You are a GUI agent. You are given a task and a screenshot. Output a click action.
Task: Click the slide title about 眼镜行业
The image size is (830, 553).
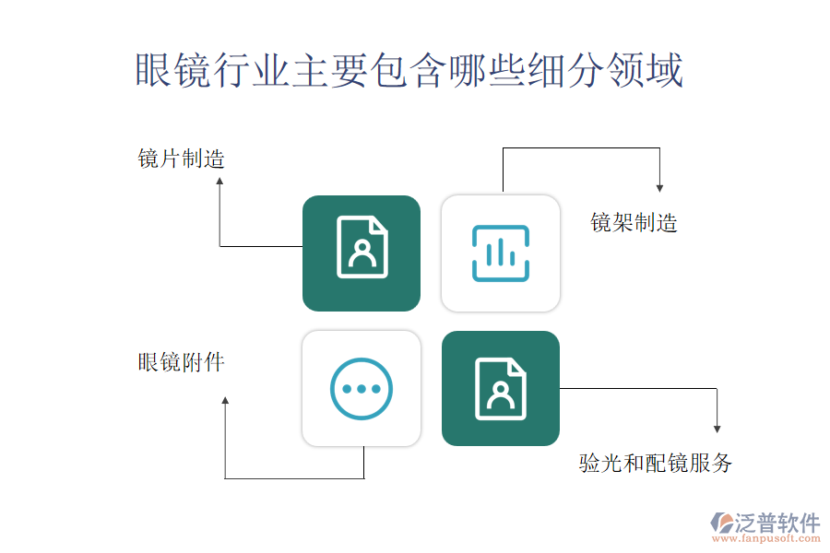409,71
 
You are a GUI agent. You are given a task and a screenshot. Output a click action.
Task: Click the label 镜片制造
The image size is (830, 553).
182,159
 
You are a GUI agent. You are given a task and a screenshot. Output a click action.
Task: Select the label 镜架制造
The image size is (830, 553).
634,222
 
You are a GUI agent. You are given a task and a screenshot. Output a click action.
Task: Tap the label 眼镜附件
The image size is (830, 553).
182,362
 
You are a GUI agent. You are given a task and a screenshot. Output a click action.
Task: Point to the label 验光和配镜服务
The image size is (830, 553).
656,463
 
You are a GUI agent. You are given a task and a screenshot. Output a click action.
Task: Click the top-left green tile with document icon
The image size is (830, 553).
362,253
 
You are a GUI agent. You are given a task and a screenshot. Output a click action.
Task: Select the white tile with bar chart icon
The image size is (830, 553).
501,253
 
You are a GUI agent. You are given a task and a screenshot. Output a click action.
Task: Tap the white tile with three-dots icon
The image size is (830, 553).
362,388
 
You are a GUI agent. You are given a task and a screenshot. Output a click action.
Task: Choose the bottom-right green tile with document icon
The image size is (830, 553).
501,388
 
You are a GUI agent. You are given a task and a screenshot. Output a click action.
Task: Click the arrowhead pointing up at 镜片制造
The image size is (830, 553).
219,182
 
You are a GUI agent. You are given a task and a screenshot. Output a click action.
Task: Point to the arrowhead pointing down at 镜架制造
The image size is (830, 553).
659,187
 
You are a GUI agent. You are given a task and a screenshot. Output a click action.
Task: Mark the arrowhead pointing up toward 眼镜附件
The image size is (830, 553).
225,401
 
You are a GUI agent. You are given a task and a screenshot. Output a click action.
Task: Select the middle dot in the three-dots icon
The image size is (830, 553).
362,388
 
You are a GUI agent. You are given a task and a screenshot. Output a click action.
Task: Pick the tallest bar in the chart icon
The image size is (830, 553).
501,253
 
